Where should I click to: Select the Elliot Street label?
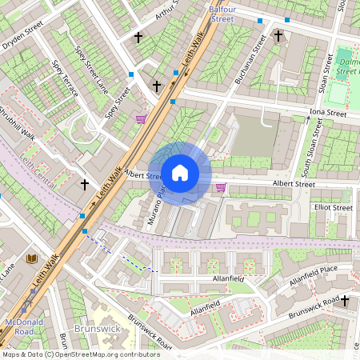[333, 208]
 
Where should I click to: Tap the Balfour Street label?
[221, 13]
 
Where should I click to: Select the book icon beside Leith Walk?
[32, 259]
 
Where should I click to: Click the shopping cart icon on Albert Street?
[221, 187]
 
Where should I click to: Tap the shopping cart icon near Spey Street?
[142, 119]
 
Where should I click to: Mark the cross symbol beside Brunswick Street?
[345, 301]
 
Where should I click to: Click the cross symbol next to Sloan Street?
[278, 35]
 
